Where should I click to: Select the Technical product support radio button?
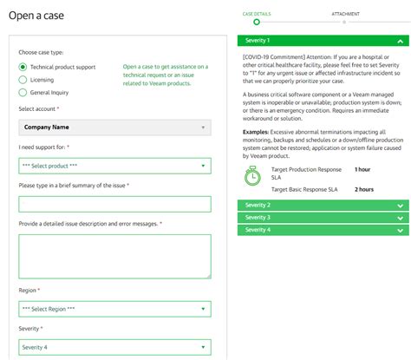(x=23, y=67)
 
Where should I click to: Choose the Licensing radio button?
(x=23, y=80)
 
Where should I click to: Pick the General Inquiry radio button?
(x=23, y=93)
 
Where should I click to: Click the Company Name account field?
(x=114, y=128)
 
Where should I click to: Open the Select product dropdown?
(x=114, y=166)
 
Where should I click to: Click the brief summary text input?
(x=114, y=204)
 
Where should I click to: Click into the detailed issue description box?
(x=114, y=255)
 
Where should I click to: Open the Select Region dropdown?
(x=114, y=308)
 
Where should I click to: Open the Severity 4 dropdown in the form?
(x=114, y=347)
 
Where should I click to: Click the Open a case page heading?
(x=42, y=16)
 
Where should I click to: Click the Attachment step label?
(x=344, y=15)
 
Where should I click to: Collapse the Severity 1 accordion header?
(x=323, y=41)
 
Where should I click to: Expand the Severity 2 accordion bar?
(x=323, y=206)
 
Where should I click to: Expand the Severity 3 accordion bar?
(x=323, y=218)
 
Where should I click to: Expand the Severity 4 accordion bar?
(x=323, y=230)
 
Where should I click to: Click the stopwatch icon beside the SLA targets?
(x=252, y=176)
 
